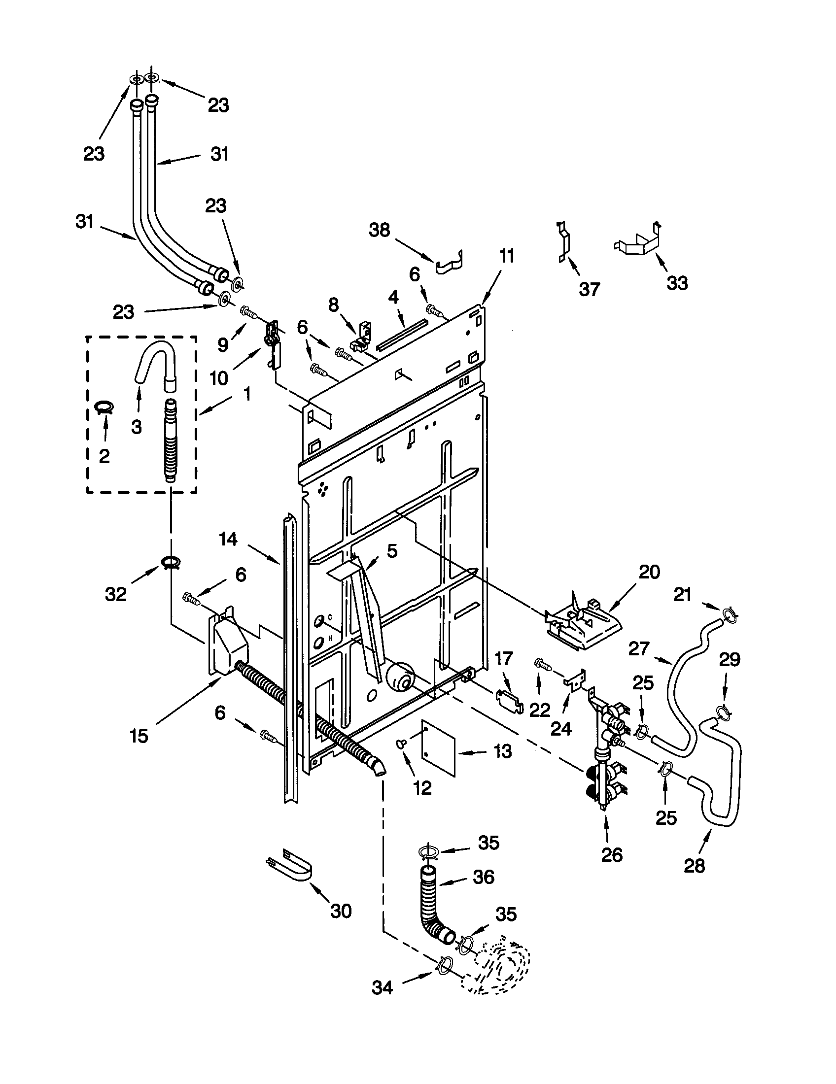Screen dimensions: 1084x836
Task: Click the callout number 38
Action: pos(379,231)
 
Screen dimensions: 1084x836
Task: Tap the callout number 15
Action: pos(139,736)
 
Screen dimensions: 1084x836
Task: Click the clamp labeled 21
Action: pos(729,616)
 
